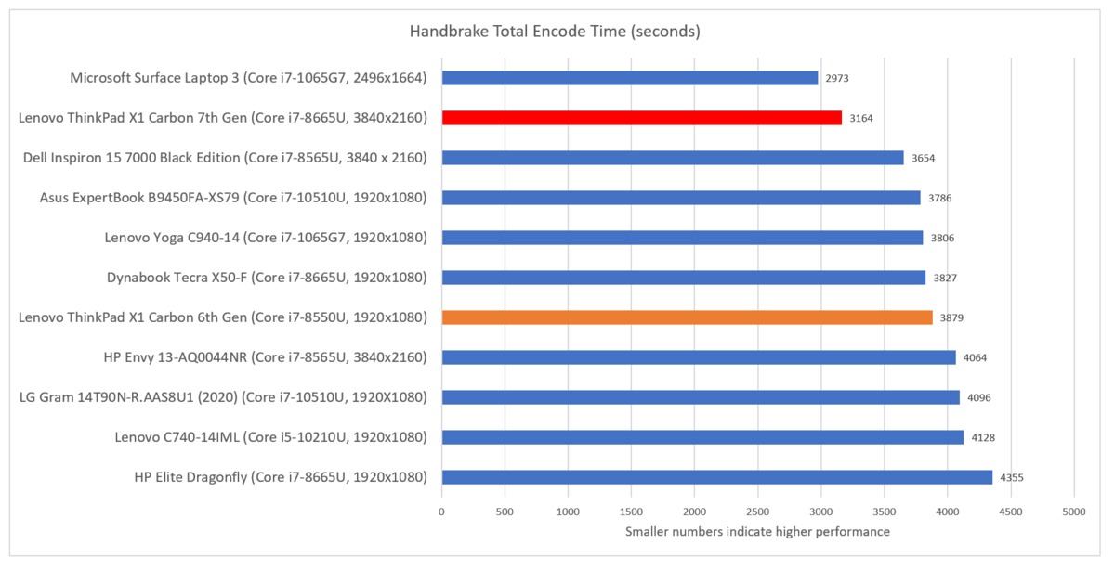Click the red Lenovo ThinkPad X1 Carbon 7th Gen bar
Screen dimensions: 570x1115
coord(641,118)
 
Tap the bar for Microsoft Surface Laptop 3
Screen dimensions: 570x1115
coord(629,78)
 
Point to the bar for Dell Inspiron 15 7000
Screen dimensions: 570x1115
coord(672,158)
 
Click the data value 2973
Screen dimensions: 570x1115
coord(837,78)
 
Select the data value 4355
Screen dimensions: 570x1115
coord(1012,477)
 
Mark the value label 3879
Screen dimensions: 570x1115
coord(951,317)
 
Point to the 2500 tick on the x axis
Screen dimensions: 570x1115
coord(757,512)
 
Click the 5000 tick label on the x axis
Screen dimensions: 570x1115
coord(1074,512)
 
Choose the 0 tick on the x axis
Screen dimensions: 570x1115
coord(441,512)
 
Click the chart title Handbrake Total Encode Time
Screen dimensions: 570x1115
coord(555,32)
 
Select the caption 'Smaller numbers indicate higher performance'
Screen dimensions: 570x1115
coord(757,532)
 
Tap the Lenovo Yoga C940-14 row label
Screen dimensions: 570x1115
coord(266,238)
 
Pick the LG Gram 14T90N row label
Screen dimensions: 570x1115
coord(223,397)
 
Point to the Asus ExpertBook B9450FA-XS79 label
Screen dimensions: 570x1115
coord(233,198)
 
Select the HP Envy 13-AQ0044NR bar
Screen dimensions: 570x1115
coord(698,357)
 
